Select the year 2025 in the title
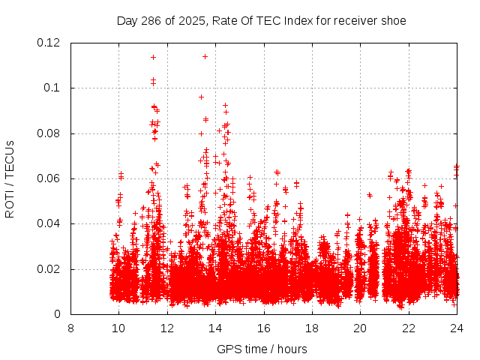coord(190,20)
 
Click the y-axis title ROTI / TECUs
coord(10,178)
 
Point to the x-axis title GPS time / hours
coord(262,349)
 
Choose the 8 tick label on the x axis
coord(70,328)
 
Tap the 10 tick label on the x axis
coord(118,328)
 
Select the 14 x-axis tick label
coord(215,328)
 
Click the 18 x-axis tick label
coord(312,328)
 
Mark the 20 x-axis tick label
coord(360,328)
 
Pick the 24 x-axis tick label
coord(456,328)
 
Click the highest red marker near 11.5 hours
coord(153,57)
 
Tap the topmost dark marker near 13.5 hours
coord(205,56)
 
